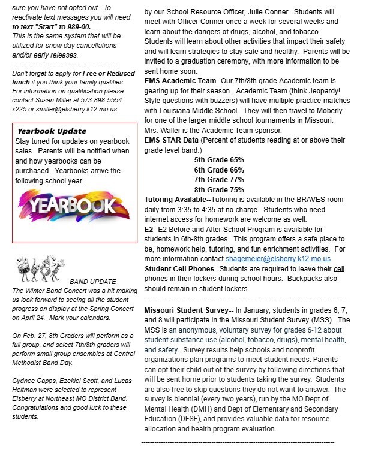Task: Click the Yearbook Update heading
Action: pos(52,131)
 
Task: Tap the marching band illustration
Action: pos(40,269)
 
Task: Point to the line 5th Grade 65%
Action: pos(219,160)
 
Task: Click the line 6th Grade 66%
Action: pos(219,170)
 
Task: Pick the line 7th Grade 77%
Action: pos(219,179)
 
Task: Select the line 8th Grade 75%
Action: pos(219,189)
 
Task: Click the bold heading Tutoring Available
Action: pos(175,199)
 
